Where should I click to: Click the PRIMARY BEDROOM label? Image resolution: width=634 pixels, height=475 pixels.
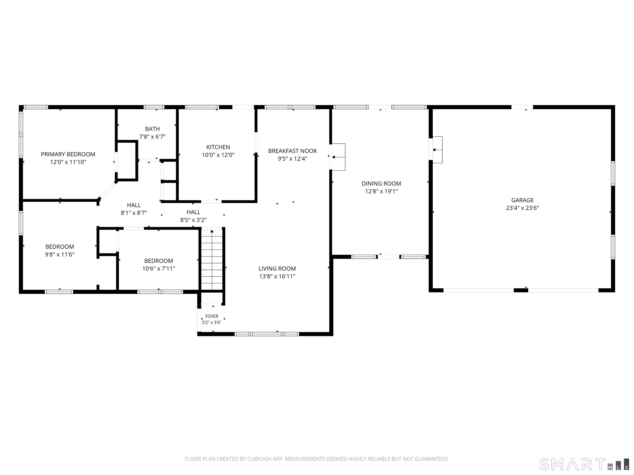68,154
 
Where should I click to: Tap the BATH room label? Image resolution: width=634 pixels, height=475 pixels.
153,129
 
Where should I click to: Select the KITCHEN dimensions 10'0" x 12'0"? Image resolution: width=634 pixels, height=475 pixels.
218,155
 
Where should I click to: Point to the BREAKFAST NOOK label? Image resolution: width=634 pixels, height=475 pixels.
293,151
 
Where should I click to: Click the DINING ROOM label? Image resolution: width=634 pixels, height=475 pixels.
381,183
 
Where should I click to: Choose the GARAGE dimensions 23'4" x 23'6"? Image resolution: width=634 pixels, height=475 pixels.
523,208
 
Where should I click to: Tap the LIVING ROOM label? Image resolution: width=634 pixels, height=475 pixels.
277,269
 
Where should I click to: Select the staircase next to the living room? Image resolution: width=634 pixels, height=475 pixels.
212,259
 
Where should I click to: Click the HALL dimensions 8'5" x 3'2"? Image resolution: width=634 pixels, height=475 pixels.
193,220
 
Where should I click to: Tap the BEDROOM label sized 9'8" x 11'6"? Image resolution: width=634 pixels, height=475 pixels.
60,247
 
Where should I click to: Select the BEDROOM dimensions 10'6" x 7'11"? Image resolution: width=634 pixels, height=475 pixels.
158,269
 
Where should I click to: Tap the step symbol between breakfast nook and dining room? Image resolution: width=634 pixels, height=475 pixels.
338,157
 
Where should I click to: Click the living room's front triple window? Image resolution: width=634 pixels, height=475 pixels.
267,334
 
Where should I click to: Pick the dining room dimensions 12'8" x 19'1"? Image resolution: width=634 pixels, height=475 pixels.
381,191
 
